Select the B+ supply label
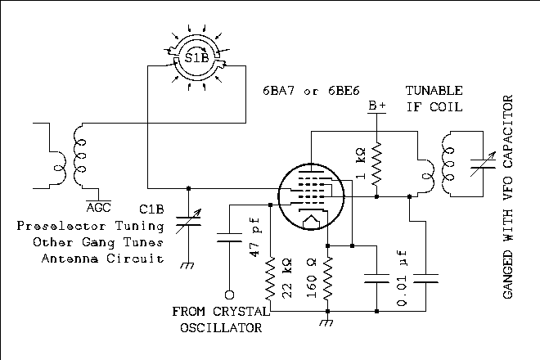click(x=377, y=106)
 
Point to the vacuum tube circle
click(x=308, y=198)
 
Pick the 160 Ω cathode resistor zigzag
click(x=327, y=278)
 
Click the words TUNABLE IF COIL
click(x=434, y=98)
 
